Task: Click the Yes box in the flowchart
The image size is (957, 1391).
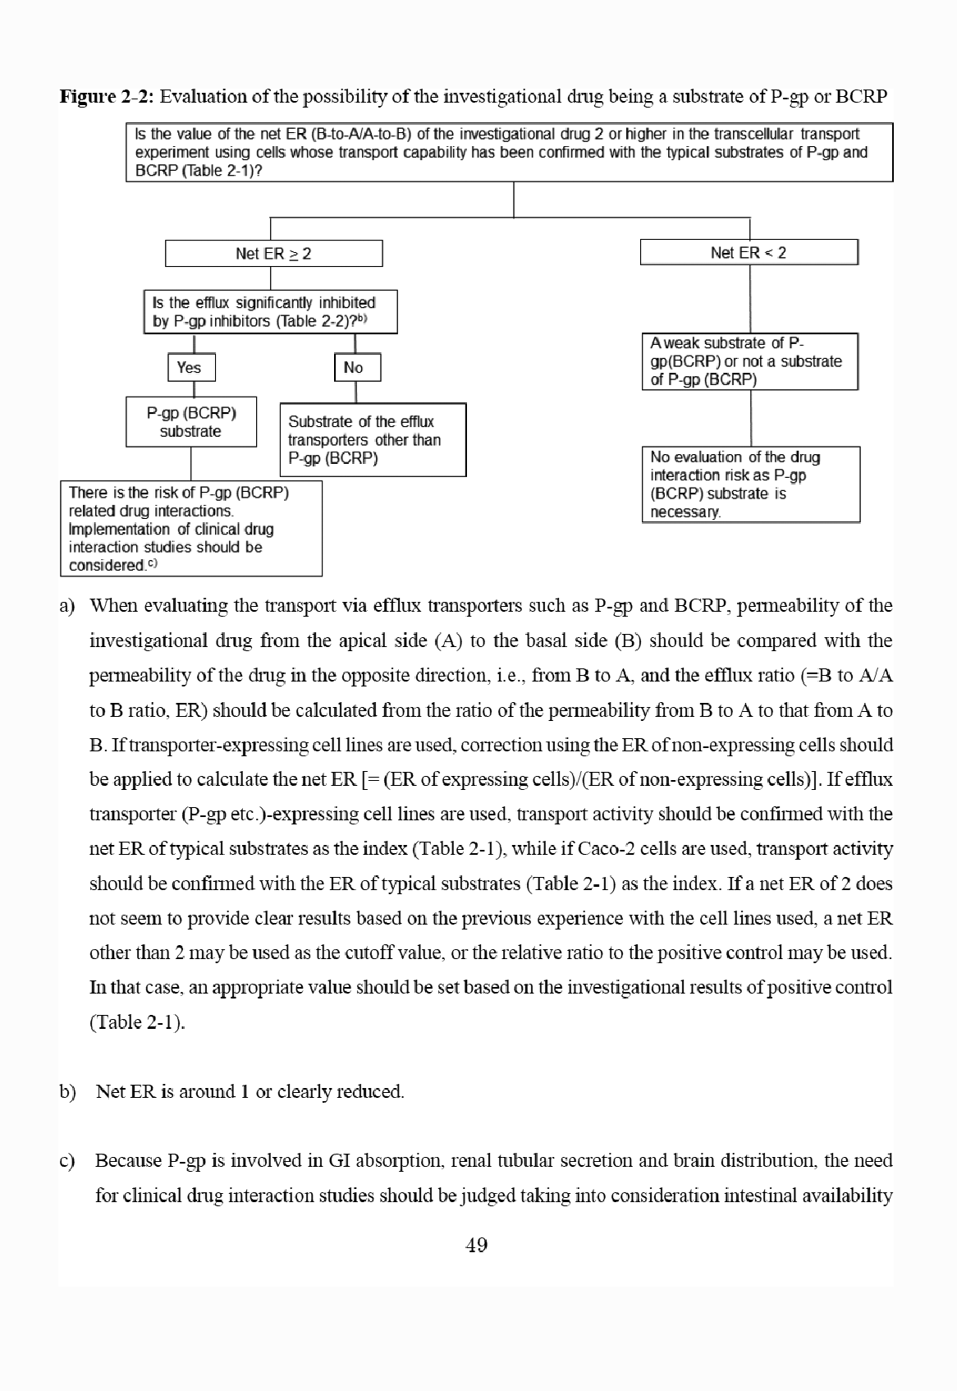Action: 192,367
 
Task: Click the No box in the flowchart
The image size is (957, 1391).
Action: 357,367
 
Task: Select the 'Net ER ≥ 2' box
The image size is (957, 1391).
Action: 273,253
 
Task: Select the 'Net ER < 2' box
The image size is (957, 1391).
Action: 749,252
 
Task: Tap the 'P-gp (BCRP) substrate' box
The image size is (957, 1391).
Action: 191,422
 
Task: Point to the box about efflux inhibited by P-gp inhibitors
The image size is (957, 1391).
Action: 270,312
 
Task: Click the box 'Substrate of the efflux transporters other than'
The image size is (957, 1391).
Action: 373,439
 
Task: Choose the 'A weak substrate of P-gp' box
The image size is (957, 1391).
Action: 749,361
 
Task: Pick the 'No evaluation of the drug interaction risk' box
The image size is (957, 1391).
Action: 749,484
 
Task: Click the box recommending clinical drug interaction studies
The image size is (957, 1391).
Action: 190,528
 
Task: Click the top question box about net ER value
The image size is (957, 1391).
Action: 509,152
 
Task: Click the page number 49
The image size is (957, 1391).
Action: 476,1245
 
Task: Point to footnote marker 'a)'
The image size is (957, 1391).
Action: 67,606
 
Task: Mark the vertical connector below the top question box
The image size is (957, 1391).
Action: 514,200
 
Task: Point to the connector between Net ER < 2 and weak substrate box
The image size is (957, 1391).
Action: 750,299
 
